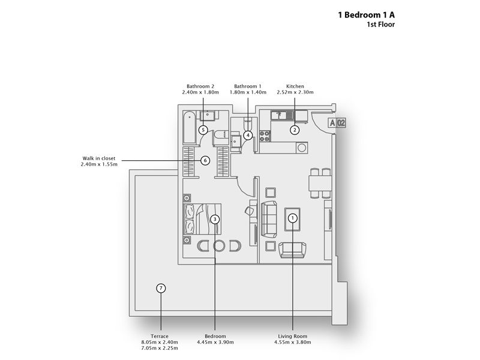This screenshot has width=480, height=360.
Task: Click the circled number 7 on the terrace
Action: pos(160,289)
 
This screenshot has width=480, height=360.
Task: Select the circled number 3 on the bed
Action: pos(215,220)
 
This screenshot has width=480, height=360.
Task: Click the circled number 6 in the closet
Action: pos(205,160)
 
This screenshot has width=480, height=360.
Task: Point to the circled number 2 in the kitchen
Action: pos(295,129)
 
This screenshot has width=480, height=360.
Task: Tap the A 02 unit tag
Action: pos(337,123)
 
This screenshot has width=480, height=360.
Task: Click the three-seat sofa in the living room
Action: pos(268,218)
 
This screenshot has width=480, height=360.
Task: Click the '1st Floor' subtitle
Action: pos(380,26)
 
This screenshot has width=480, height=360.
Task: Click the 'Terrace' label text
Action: pos(160,336)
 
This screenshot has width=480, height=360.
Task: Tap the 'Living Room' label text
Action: pos(292,336)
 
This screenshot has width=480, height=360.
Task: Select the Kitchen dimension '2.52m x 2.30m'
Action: pos(295,93)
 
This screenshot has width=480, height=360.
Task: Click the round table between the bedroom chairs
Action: pos(219,245)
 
